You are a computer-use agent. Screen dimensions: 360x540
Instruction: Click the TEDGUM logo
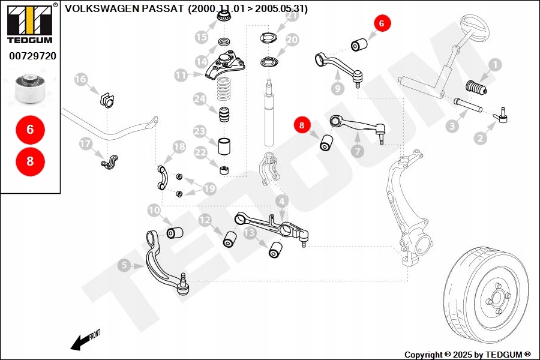(x=29, y=24)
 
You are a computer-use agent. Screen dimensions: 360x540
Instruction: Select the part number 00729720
(x=32, y=56)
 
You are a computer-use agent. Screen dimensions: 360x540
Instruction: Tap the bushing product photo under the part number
(x=31, y=88)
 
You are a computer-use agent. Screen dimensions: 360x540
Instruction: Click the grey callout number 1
(x=496, y=64)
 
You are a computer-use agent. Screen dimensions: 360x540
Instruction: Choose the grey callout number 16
(x=81, y=79)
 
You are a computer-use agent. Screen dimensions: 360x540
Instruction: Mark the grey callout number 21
(x=292, y=16)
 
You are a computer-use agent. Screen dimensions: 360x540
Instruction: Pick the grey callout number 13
(x=249, y=232)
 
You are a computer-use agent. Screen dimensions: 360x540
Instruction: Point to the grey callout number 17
(x=85, y=143)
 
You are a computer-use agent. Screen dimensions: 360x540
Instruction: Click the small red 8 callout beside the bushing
(x=302, y=125)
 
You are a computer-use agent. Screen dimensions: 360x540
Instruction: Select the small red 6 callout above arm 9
(x=383, y=23)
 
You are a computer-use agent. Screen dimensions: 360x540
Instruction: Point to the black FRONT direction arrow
(x=78, y=343)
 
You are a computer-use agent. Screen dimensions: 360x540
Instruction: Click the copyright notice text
(x=467, y=354)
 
